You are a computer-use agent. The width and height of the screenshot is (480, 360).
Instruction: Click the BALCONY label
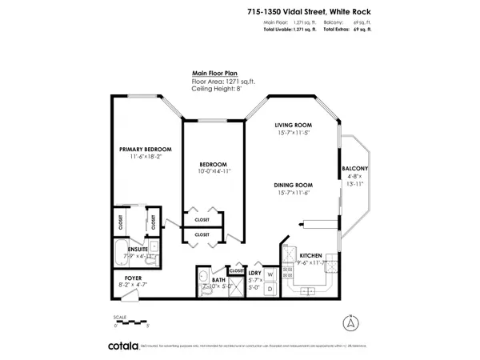click(354, 169)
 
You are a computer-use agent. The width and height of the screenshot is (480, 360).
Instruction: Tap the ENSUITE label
click(127, 249)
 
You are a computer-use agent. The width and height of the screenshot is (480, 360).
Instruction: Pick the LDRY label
click(254, 272)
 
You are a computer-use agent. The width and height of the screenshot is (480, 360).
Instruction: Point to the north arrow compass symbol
click(348, 324)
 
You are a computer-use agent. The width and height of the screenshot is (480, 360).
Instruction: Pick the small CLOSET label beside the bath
click(237, 270)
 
